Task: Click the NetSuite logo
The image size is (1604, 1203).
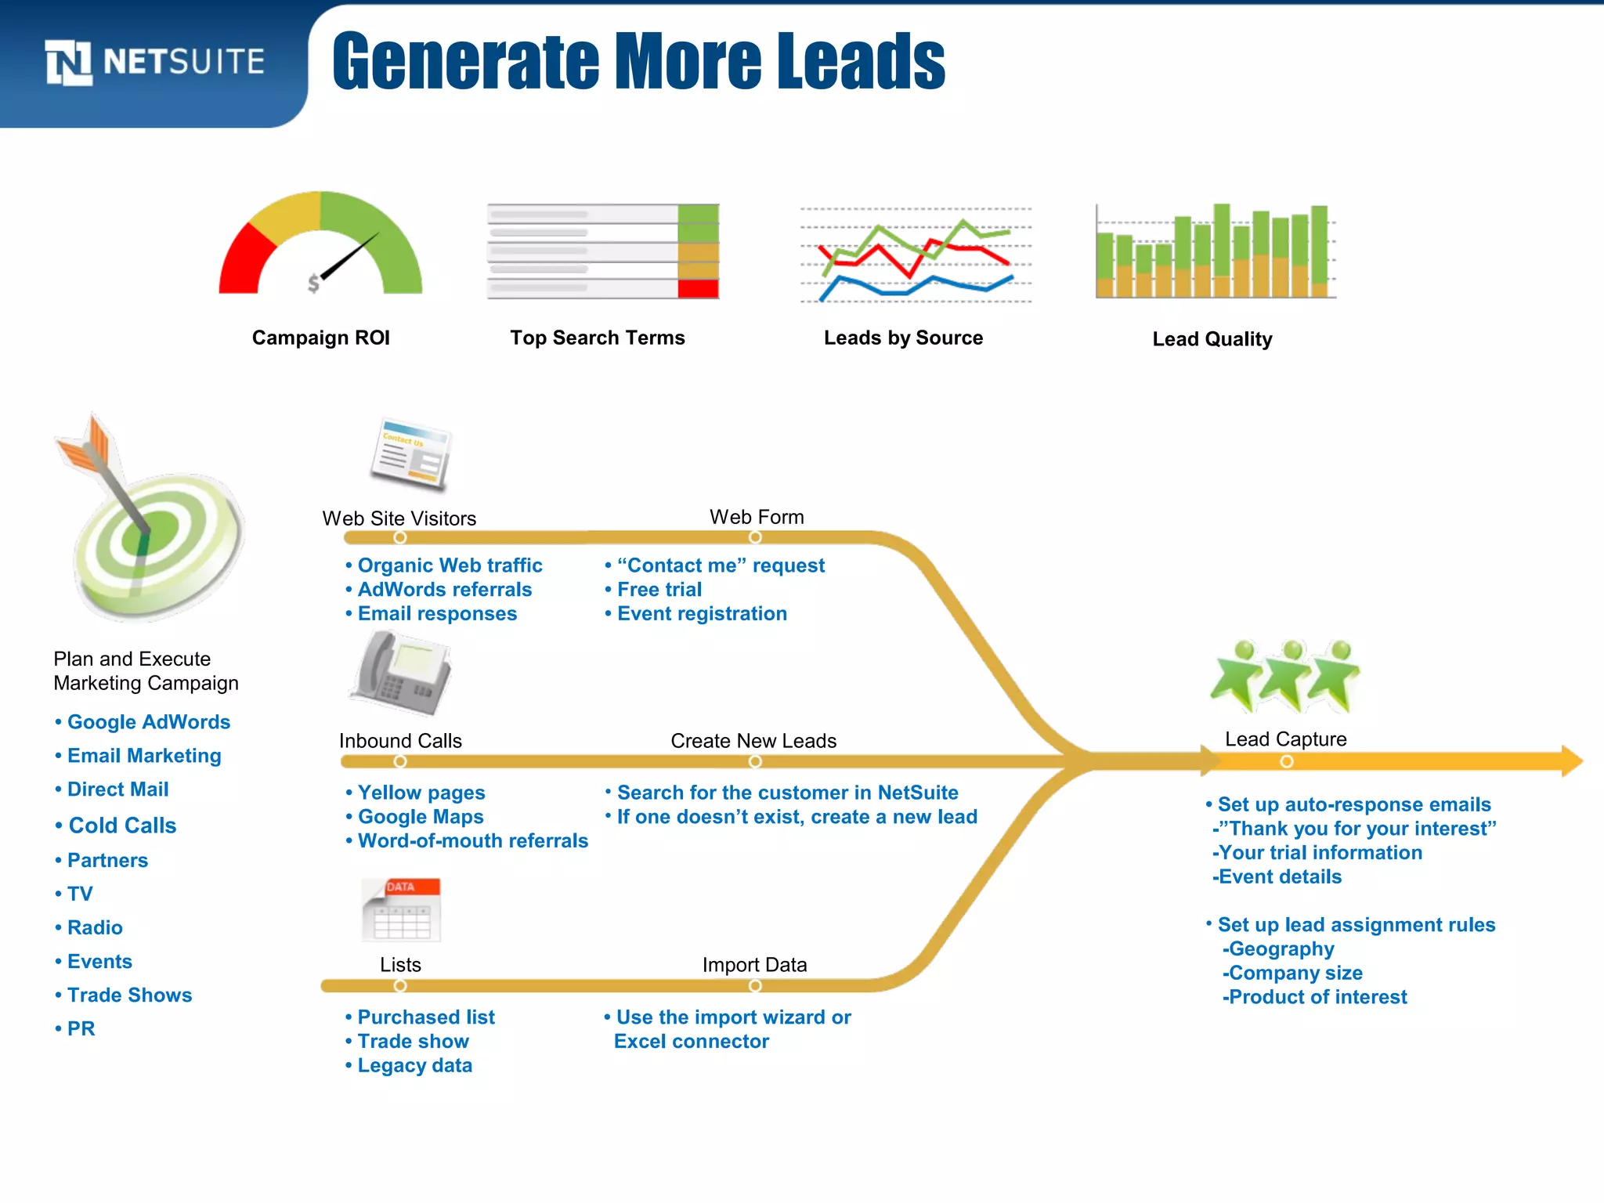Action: coord(154,62)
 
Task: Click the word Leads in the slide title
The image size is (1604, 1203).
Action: coord(862,62)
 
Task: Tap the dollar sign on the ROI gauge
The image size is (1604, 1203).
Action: coord(313,283)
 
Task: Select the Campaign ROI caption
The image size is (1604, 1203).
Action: coord(320,338)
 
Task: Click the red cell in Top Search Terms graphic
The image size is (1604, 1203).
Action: coord(698,289)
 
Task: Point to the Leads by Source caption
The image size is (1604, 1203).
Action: coord(903,338)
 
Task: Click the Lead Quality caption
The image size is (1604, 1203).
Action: coord(1212,339)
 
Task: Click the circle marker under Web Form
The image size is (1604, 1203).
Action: coord(755,537)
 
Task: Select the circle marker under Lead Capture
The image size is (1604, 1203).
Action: coord(1286,761)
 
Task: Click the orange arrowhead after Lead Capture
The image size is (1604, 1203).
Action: coord(1571,761)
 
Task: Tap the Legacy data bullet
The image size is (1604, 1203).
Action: coord(414,1065)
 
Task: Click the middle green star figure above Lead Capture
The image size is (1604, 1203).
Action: coord(1286,676)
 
